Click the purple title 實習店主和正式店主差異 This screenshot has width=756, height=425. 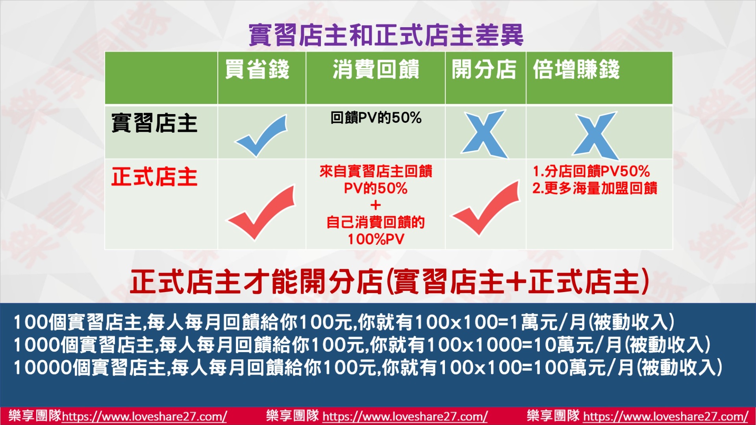386,35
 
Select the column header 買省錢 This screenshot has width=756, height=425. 257,69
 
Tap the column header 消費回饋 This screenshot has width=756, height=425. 376,69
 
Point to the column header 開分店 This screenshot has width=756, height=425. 484,69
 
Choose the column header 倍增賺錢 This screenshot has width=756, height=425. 576,69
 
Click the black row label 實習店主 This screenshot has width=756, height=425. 154,123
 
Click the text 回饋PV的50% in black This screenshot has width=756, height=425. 376,118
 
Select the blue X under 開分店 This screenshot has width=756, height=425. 485,134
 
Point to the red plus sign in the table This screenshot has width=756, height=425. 376,205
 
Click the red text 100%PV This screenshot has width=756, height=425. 376,239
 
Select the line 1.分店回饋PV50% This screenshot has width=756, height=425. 591,171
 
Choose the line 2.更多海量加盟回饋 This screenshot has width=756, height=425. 595,188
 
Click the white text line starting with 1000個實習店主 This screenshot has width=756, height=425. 362,345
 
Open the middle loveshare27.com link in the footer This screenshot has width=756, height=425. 405,416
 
